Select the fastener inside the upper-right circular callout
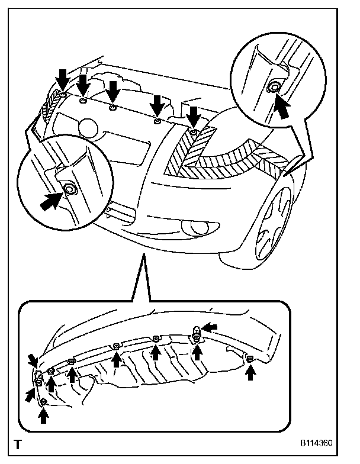pyautogui.click(x=274, y=88)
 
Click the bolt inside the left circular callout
pyautogui.click(x=69, y=189)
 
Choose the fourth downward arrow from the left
pyautogui.click(x=157, y=105)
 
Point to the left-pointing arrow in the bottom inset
pyautogui.click(x=210, y=327)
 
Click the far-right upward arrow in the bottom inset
pyautogui.click(x=251, y=372)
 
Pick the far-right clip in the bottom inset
pyautogui.click(x=250, y=359)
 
